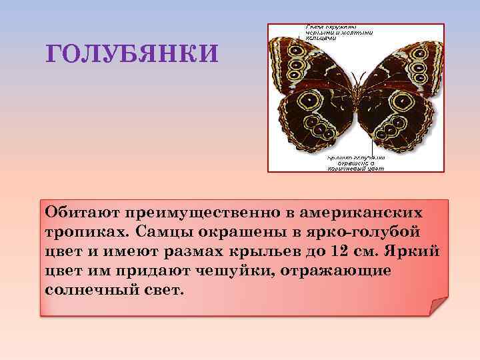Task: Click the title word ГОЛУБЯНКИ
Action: tap(131, 53)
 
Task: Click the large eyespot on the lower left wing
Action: tap(309, 101)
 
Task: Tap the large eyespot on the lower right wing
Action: tap(402, 102)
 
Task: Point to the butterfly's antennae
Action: tap(355, 77)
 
